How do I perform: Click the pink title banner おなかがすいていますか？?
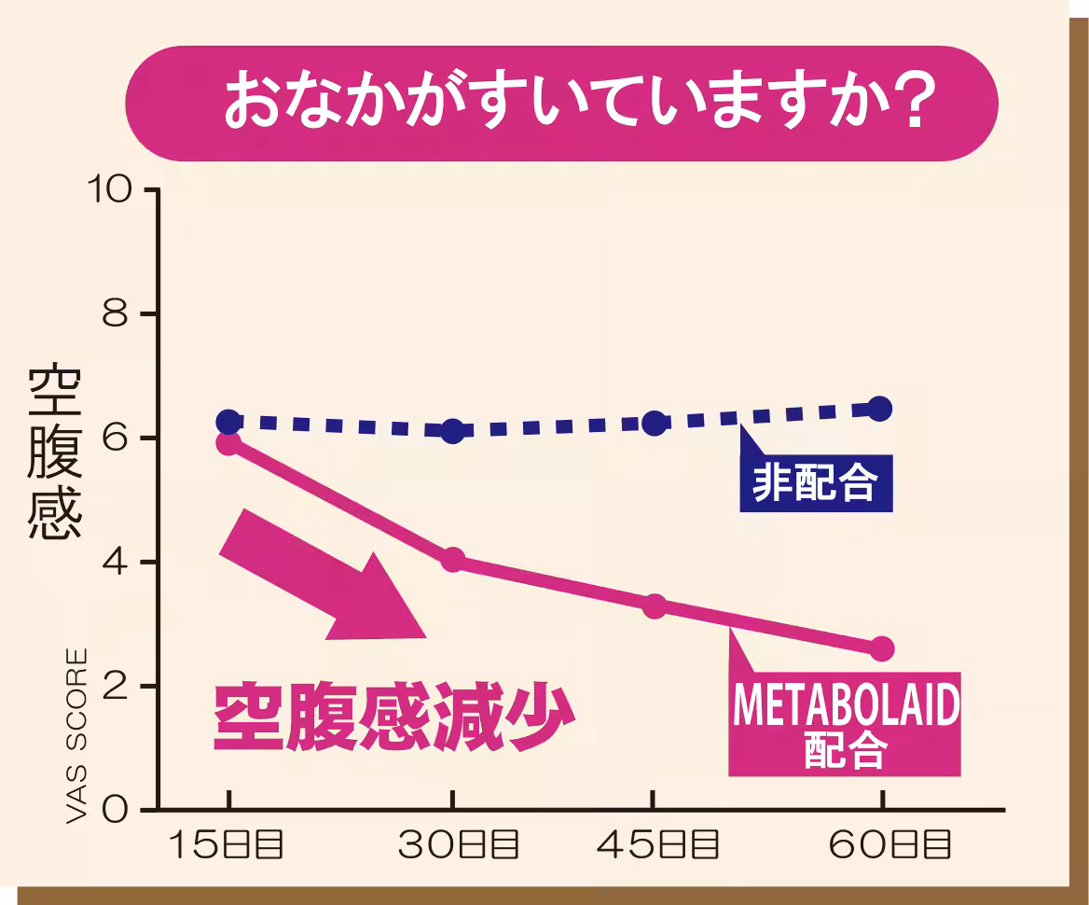point(561,104)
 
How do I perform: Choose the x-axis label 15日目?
point(227,845)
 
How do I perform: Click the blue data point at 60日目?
point(880,409)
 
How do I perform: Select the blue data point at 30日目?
point(453,431)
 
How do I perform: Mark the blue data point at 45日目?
point(655,423)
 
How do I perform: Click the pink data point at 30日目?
point(453,560)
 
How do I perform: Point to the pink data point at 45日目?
point(655,606)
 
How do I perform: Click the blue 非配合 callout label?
point(815,483)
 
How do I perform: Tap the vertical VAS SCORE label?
point(78,736)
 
